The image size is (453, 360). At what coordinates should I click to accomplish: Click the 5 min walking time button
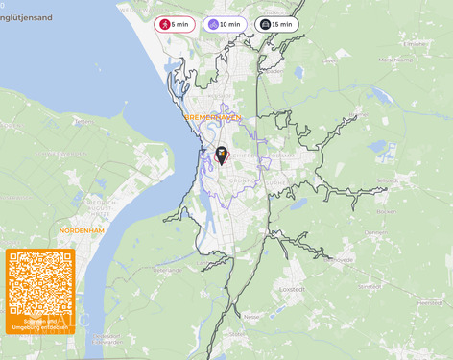(175, 24)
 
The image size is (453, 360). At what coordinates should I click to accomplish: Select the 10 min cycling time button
(225, 24)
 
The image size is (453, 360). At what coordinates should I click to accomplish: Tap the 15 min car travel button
(276, 24)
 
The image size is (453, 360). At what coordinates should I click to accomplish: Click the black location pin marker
(222, 155)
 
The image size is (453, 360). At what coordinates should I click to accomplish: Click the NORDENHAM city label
(82, 230)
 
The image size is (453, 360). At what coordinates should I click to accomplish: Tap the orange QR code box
(39, 292)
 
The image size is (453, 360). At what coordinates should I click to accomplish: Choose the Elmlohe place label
(415, 44)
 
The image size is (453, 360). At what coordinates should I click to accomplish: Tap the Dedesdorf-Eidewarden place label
(107, 338)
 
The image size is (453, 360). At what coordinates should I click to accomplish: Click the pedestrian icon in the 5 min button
(165, 24)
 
